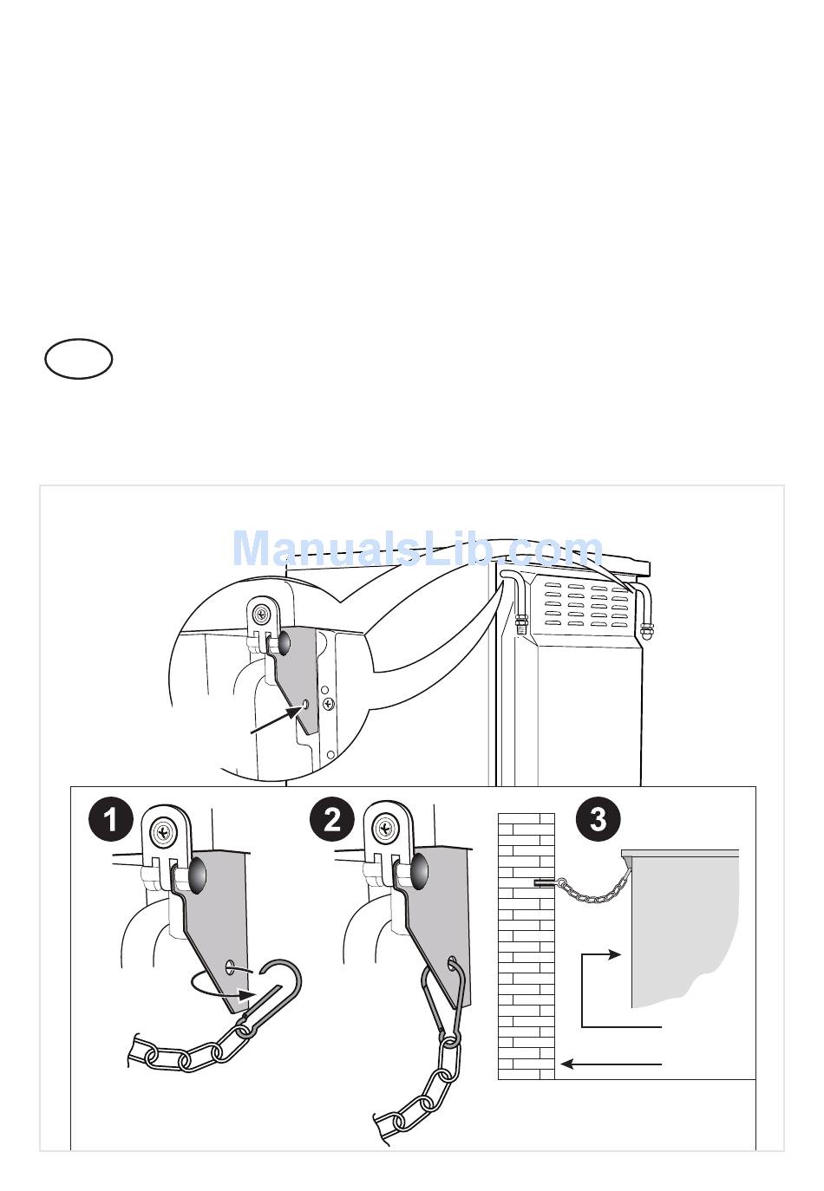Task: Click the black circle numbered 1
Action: click(111, 819)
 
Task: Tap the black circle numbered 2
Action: click(332, 819)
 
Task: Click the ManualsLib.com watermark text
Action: click(418, 550)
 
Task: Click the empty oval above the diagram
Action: click(79, 360)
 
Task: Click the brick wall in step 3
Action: click(526, 953)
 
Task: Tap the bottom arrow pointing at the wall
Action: click(611, 1064)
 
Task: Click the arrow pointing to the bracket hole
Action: click(273, 721)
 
